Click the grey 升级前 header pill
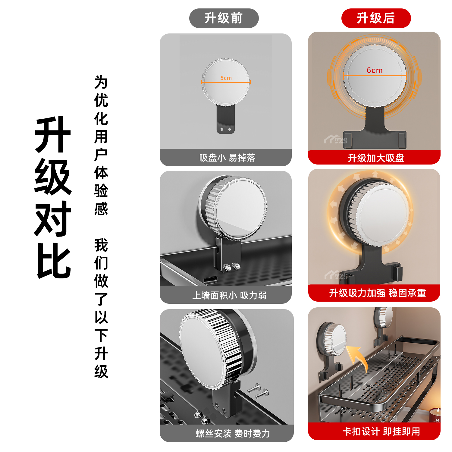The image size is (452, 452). point(224,18)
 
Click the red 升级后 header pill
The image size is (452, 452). point(376,18)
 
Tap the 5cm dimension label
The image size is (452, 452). point(226,78)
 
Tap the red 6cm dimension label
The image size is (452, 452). point(375,70)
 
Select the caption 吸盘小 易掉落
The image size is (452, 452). point(227,158)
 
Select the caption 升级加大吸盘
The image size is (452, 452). point(376,158)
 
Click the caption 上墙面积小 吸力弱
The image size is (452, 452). point(229,295)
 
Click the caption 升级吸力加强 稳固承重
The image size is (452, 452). point(377,293)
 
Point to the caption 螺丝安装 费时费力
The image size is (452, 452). point(233,434)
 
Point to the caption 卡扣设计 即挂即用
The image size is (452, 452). point(381,432)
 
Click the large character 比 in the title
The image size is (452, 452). point(54,261)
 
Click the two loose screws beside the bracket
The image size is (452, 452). point(258,391)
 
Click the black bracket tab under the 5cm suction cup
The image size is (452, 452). point(225,121)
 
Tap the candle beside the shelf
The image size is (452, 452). point(435,415)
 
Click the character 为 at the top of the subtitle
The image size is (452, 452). point(101,82)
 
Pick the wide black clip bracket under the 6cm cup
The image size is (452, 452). point(375,139)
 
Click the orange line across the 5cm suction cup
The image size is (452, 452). point(226,82)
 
